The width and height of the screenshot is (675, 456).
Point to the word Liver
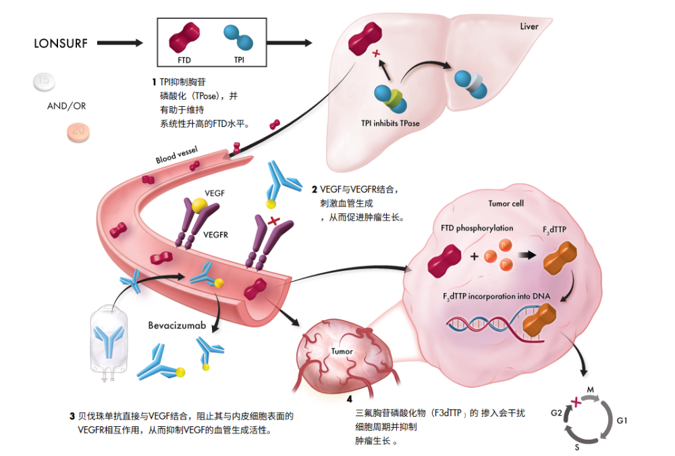[x=529, y=26]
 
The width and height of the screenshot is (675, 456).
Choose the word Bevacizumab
[x=177, y=326]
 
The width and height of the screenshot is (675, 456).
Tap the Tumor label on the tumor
[x=342, y=352]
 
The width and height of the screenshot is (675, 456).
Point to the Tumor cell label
[x=506, y=203]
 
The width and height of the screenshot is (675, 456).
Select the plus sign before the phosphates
[x=474, y=257]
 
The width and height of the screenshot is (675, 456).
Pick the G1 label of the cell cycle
[x=622, y=421]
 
